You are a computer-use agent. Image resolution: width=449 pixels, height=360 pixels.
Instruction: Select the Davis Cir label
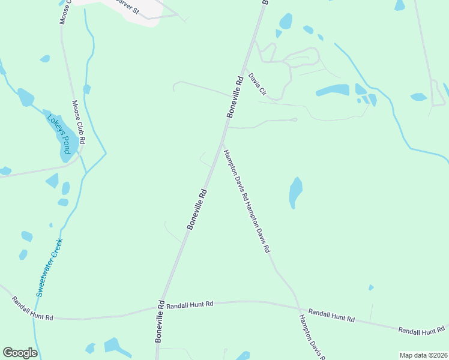pyautogui.click(x=257, y=87)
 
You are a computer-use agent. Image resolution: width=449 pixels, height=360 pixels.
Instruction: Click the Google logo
pyautogui.click(x=20, y=353)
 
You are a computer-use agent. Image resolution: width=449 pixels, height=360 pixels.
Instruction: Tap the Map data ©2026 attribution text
pyautogui.click(x=423, y=355)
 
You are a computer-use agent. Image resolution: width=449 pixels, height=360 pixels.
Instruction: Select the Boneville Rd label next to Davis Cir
pyautogui.click(x=235, y=96)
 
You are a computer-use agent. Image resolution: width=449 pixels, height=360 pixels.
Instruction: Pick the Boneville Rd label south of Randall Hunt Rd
pyautogui.click(x=160, y=322)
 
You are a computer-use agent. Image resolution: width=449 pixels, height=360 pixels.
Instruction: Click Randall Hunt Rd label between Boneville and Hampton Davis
pyautogui.click(x=190, y=305)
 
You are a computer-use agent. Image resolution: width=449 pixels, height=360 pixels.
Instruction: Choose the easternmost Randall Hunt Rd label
pyautogui.click(x=423, y=330)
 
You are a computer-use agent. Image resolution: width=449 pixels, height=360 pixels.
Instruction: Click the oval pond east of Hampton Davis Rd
pyautogui.click(x=295, y=192)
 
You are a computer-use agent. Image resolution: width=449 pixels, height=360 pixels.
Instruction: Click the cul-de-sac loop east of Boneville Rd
pyautogui.click(x=294, y=120)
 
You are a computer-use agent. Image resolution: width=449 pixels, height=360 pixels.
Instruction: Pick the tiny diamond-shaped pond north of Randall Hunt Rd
pyautogui.click(x=371, y=288)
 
